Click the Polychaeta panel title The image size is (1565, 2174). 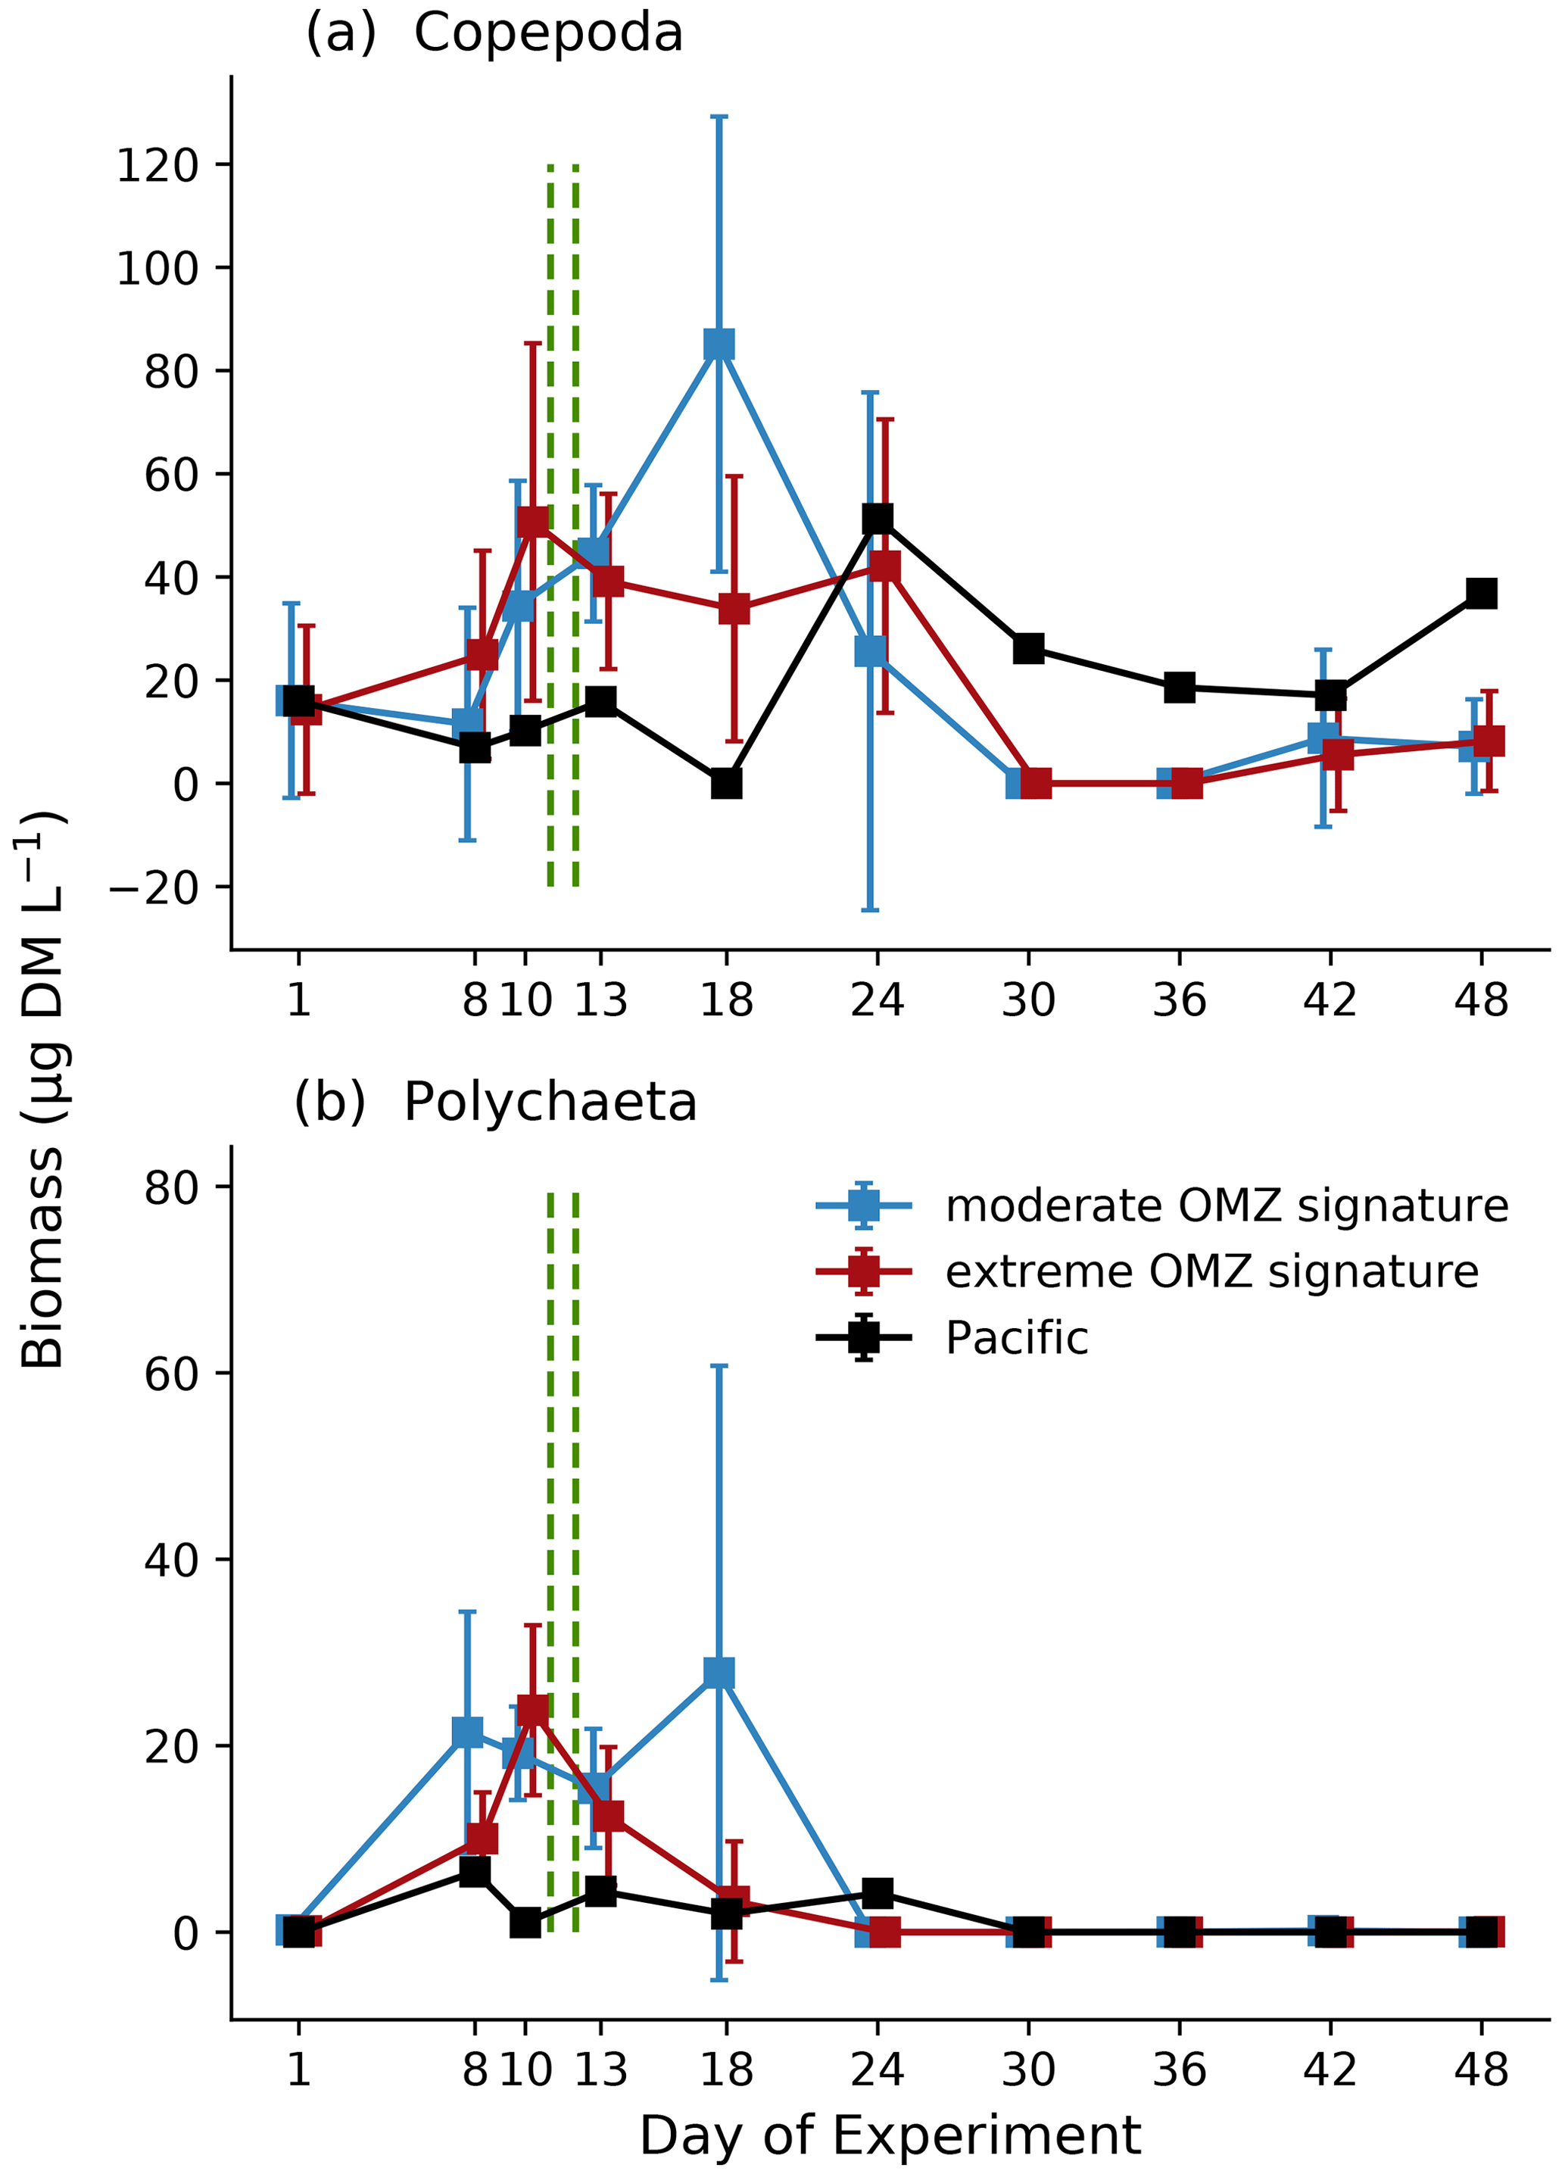coord(494,1103)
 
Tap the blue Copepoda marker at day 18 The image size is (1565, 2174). coord(719,343)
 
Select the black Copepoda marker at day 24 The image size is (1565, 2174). coord(877,519)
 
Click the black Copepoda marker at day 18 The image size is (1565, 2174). coord(726,783)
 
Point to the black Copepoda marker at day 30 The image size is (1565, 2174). coord(1028,648)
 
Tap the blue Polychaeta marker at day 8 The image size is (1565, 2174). coord(466,1731)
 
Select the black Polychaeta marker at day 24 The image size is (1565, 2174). coord(877,1893)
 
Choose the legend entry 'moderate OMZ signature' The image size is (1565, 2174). coord(1226,1206)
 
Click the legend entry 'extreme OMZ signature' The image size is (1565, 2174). coord(1211,1272)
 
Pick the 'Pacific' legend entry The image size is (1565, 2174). coord(1016,1338)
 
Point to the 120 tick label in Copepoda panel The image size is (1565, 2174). coord(157,166)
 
